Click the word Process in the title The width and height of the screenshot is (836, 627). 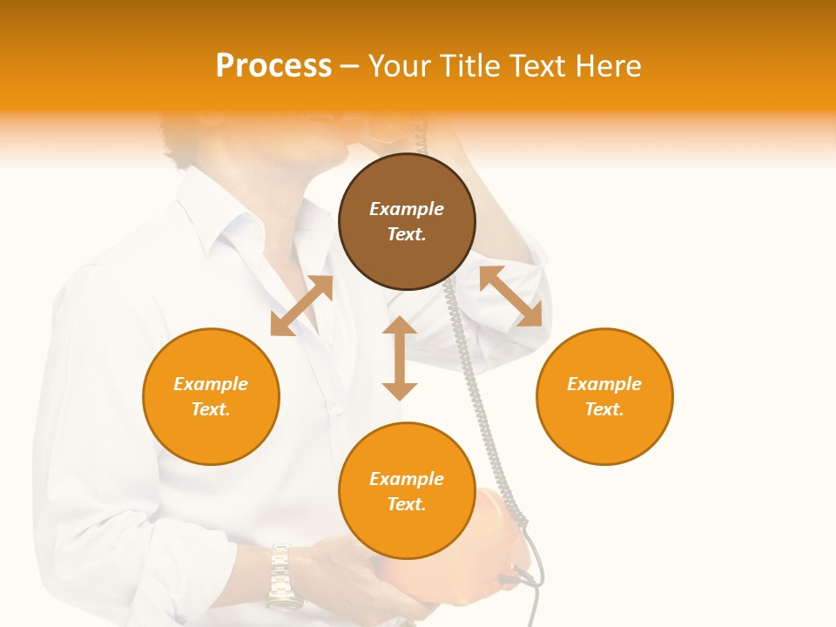coord(273,66)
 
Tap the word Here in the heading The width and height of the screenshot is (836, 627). coord(607,66)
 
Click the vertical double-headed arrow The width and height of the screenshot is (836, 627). coord(400,358)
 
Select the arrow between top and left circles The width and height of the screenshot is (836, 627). coord(301,306)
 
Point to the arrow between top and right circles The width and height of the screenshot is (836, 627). coord(511,297)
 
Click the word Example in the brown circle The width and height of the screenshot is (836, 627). coord(407,209)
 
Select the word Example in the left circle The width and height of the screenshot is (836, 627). coord(211,384)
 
